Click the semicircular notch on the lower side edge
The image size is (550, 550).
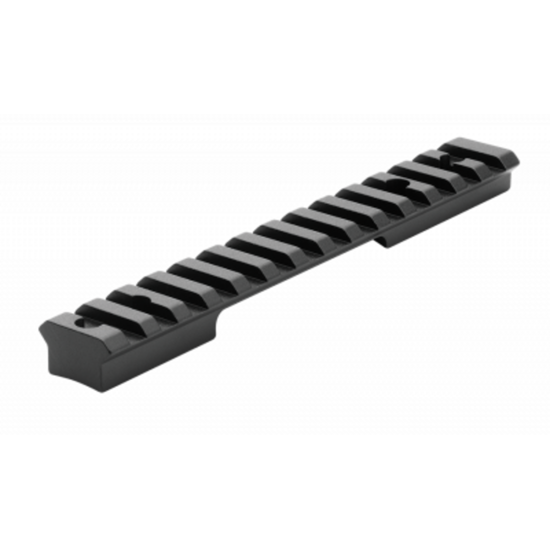click(x=380, y=240)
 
